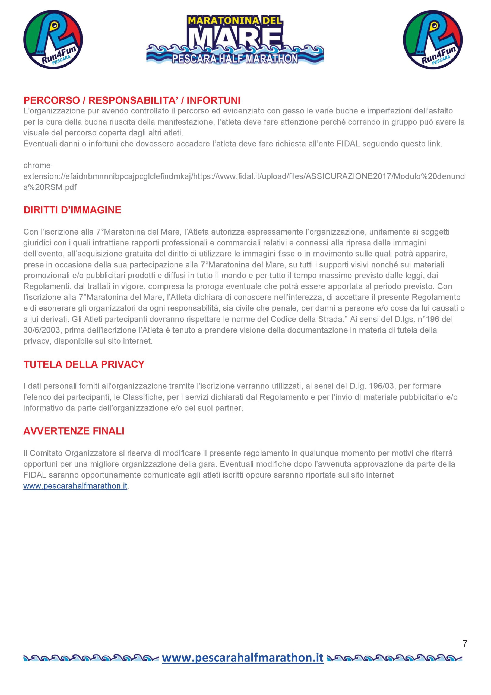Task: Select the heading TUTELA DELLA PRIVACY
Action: (x=84, y=364)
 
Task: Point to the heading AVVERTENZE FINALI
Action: (x=74, y=431)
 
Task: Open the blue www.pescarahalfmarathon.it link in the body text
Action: (x=75, y=486)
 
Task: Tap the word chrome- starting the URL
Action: (x=39, y=166)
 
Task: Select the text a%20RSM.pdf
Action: (x=50, y=187)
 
